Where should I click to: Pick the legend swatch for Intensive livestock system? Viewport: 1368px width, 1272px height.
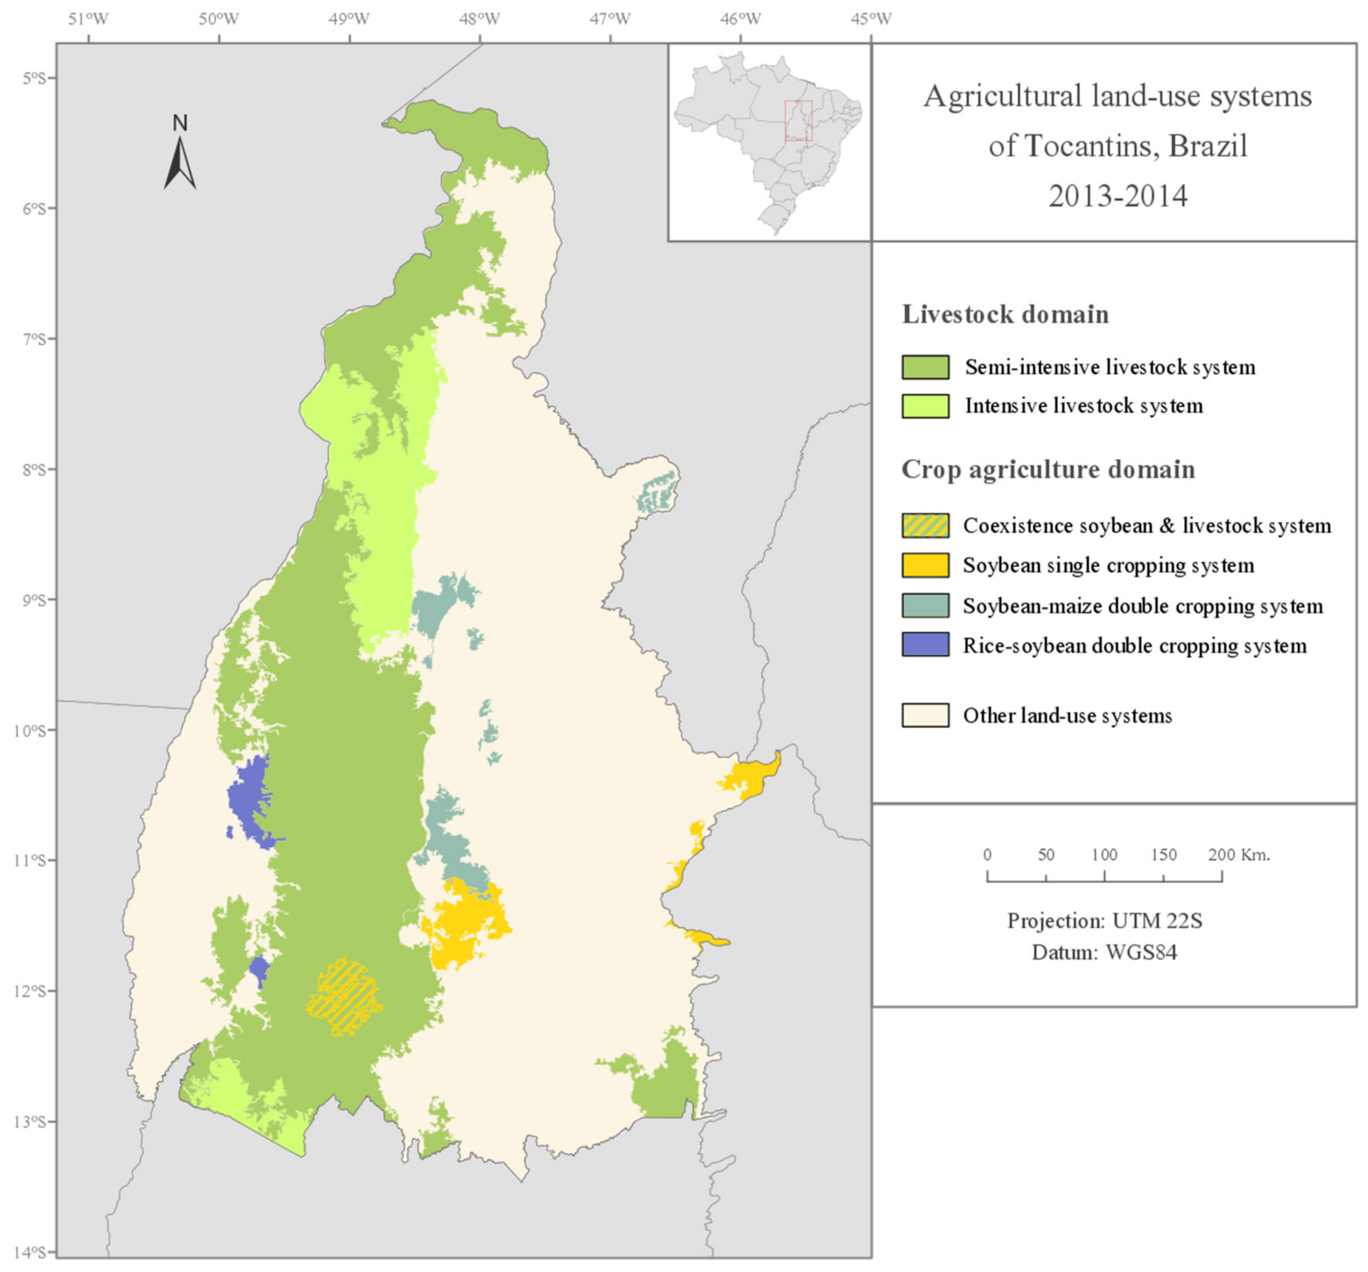point(925,406)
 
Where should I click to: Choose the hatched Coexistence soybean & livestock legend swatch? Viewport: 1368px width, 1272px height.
point(925,526)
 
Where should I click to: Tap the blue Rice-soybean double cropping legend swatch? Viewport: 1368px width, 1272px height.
point(925,645)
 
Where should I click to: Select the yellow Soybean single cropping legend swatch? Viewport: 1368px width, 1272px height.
point(925,565)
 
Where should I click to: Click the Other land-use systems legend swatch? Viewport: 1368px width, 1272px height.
point(925,715)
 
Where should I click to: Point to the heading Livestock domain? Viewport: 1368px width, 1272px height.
point(1005,314)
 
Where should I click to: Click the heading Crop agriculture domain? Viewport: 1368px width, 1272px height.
point(1047,470)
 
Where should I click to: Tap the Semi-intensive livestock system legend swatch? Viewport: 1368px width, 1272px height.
point(925,367)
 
